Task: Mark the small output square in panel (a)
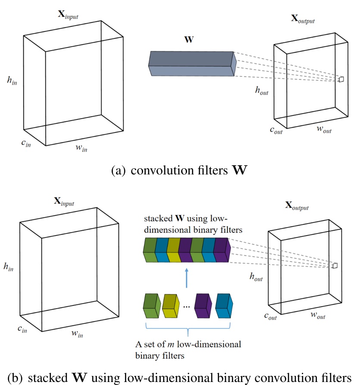(341, 79)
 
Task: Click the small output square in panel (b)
(334, 265)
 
